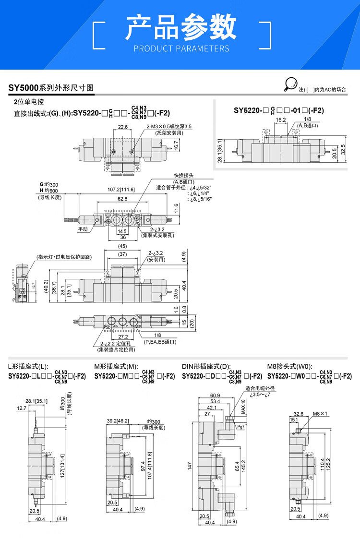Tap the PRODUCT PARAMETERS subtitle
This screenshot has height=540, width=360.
click(181, 48)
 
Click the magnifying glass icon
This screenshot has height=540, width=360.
click(290, 84)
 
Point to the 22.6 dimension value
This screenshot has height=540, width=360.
click(122, 127)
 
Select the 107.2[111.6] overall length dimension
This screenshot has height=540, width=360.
click(121, 190)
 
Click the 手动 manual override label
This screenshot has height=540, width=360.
click(83, 229)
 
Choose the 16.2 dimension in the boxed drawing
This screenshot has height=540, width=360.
click(281, 120)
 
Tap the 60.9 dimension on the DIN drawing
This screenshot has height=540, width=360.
click(215, 396)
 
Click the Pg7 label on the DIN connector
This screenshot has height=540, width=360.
click(240, 426)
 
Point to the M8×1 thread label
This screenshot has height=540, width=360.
click(320, 413)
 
